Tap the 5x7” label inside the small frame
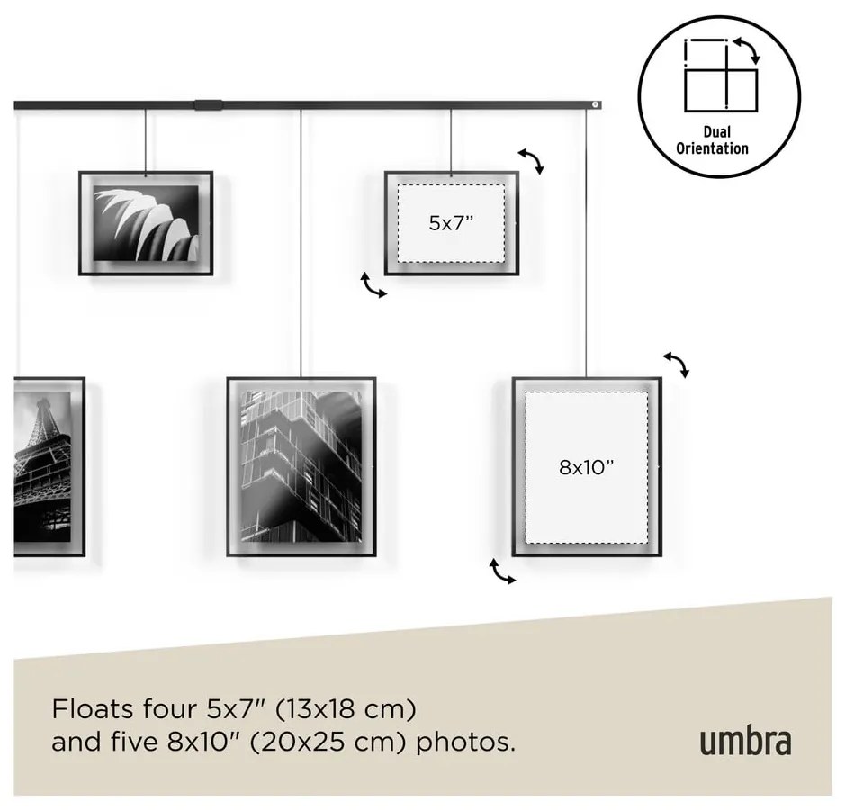click(x=451, y=223)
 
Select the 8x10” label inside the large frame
click(x=587, y=467)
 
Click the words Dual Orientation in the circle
click(x=712, y=140)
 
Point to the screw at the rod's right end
click(x=595, y=104)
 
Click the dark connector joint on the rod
click(x=208, y=105)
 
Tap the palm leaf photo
click(x=146, y=223)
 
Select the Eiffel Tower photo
click(x=42, y=467)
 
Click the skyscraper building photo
click(x=301, y=467)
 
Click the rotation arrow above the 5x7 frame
click(x=531, y=161)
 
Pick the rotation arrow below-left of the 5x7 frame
click(x=373, y=285)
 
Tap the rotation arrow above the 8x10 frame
click(x=677, y=364)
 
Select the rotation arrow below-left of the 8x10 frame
click(x=502, y=571)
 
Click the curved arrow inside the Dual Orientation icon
click(x=748, y=49)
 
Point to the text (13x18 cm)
click(x=346, y=709)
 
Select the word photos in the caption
click(x=465, y=743)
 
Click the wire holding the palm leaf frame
click(x=146, y=141)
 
